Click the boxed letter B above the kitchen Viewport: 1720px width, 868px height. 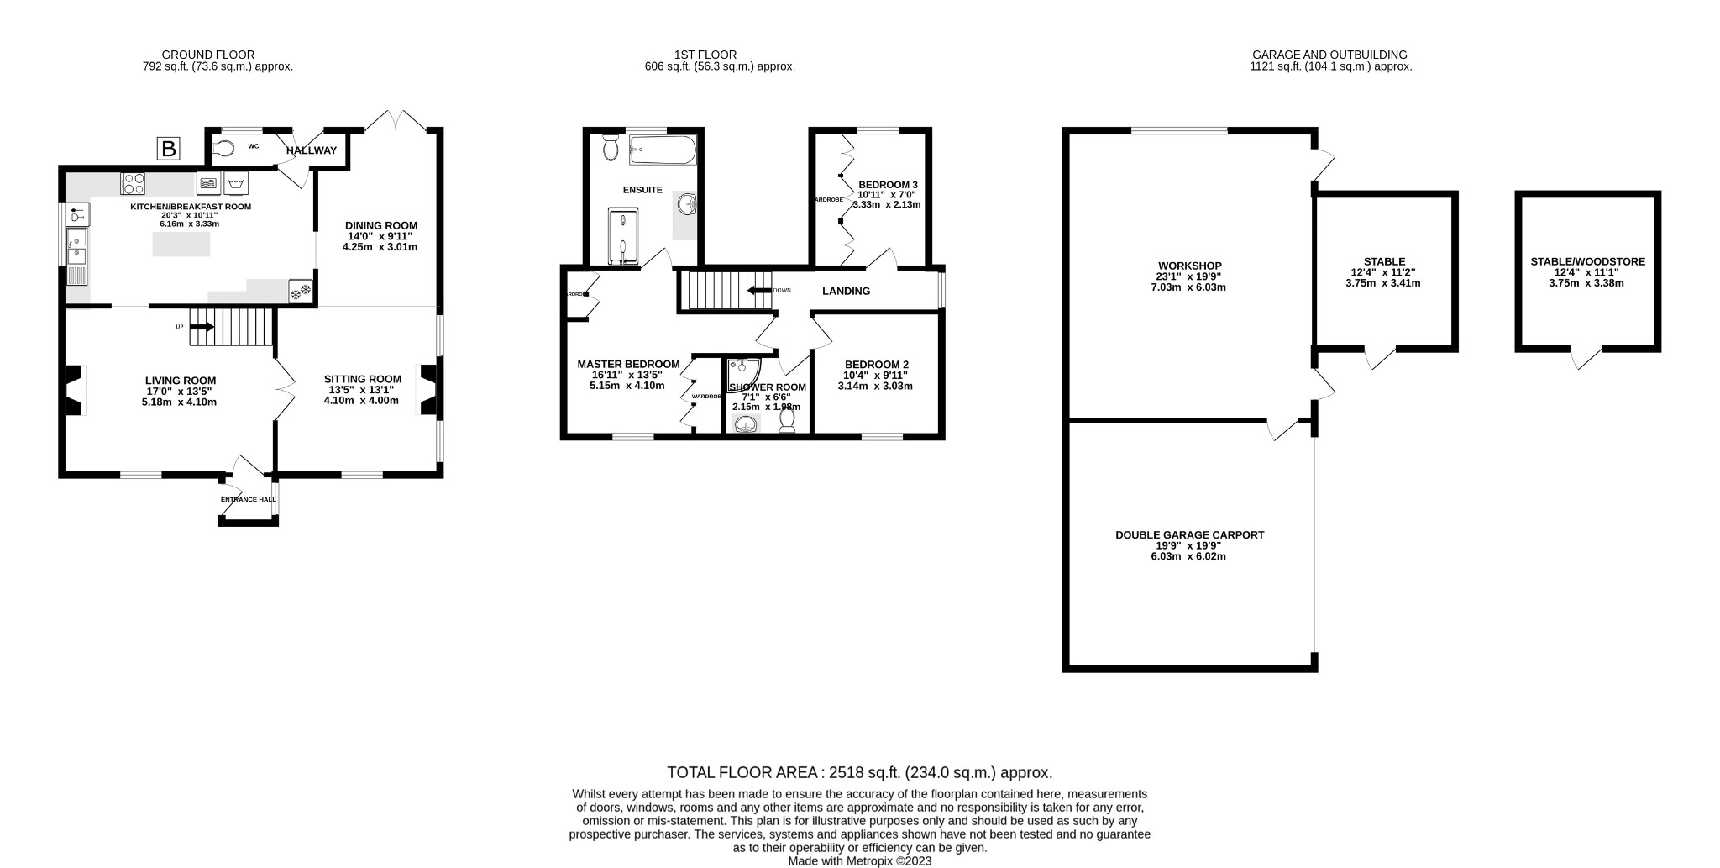[x=169, y=150]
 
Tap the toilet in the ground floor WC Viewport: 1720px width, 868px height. [x=223, y=148]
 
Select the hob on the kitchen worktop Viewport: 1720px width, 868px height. [x=134, y=183]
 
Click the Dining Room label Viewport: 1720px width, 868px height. [x=380, y=225]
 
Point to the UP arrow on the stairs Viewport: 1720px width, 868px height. [x=202, y=326]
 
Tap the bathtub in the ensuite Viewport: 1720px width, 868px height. [x=662, y=151]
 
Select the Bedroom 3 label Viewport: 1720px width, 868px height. [x=888, y=185]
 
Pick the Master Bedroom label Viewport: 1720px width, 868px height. [x=628, y=364]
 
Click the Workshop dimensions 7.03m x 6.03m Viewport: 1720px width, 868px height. [x=1188, y=287]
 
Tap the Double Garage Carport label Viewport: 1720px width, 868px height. [x=1188, y=534]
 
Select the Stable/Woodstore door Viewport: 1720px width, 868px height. [x=1586, y=359]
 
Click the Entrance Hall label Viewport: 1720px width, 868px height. [x=248, y=500]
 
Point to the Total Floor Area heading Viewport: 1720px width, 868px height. [x=859, y=772]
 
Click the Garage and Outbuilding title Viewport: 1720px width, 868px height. [x=1329, y=55]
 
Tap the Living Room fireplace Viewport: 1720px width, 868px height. [x=76, y=390]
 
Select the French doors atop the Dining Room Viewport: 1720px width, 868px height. [x=397, y=120]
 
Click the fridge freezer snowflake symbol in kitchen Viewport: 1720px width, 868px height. [x=300, y=292]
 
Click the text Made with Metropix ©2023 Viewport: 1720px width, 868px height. [x=859, y=861]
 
